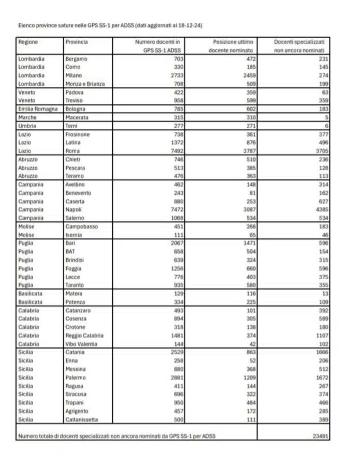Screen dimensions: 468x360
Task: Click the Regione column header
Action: [28, 42]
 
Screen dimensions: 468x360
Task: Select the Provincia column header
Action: [77, 42]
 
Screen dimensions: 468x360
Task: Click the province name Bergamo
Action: [77, 59]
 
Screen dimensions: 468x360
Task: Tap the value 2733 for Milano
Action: [172, 76]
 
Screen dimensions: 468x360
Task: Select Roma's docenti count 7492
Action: [172, 151]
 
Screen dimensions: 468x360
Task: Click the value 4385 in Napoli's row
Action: [321, 209]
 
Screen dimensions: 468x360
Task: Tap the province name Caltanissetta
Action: [82, 419]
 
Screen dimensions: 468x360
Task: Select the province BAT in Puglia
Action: [70, 251]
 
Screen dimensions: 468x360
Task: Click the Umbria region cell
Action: [27, 126]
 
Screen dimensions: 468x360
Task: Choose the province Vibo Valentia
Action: [82, 344]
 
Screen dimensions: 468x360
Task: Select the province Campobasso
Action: [82, 227]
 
